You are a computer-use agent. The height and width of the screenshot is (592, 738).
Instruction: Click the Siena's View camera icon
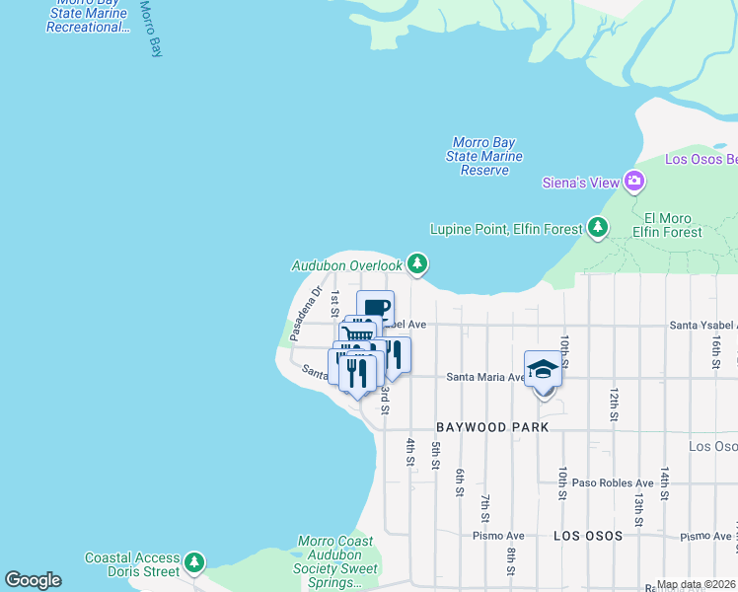pyautogui.click(x=633, y=182)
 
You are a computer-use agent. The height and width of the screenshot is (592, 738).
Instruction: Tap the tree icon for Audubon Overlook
pyautogui.click(x=418, y=263)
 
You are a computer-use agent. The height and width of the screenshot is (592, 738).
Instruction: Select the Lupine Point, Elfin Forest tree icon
pyautogui.click(x=597, y=228)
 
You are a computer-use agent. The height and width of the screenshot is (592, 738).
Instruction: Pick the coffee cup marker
pyautogui.click(x=376, y=307)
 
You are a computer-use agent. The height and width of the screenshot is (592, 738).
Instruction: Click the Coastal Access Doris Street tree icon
pyautogui.click(x=195, y=563)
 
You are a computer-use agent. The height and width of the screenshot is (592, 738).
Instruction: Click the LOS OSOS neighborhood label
pyautogui.click(x=588, y=536)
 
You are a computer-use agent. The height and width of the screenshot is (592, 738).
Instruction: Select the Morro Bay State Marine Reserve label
pyautogui.click(x=484, y=157)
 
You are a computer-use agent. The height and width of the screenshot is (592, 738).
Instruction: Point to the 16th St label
pyautogui.click(x=715, y=350)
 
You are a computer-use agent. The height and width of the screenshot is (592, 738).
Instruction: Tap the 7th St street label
pyautogui.click(x=485, y=508)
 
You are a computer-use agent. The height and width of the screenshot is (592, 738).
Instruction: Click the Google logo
pyautogui.click(x=34, y=581)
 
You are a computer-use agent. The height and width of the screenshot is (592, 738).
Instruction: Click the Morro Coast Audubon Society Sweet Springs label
pyautogui.click(x=335, y=562)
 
